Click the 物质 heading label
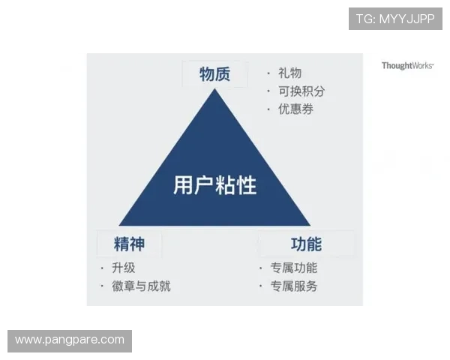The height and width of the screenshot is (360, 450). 214,74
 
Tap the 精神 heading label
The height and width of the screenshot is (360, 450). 129,244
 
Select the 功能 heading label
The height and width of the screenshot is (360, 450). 306,244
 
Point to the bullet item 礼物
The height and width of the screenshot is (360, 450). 289,73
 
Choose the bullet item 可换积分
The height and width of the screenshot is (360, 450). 301,91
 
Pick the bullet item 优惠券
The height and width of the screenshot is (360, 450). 295,109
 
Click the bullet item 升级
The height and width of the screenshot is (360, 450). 124,268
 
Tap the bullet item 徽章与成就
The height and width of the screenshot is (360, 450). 141,286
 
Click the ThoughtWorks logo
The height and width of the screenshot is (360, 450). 407,66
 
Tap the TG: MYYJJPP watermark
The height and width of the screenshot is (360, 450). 395,19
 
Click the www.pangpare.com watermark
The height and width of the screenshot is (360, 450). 69,340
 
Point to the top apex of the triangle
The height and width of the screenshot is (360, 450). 214,89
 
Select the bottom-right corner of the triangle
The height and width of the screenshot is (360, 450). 310,226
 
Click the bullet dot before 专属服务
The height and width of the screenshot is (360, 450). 261,286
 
